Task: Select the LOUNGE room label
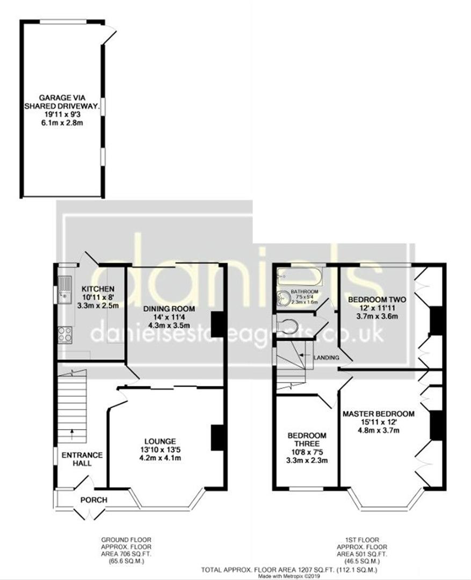point(160,441)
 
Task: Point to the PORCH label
point(94,500)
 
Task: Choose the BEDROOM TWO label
point(377,300)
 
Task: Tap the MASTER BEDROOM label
point(378,414)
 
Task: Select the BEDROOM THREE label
point(307,439)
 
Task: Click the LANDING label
point(327,358)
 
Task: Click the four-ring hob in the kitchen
point(65,335)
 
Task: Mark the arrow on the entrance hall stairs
point(72,434)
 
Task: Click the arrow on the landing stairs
point(305,355)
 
